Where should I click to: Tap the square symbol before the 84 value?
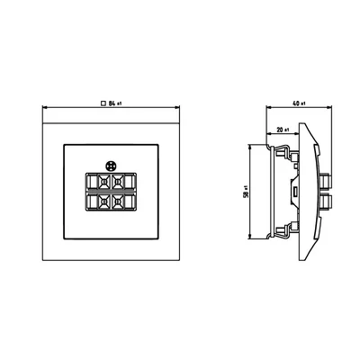(x=103, y=105)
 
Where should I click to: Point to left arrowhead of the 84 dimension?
(x=45, y=110)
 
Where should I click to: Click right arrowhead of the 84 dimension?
(x=175, y=110)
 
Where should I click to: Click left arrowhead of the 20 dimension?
(x=267, y=135)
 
